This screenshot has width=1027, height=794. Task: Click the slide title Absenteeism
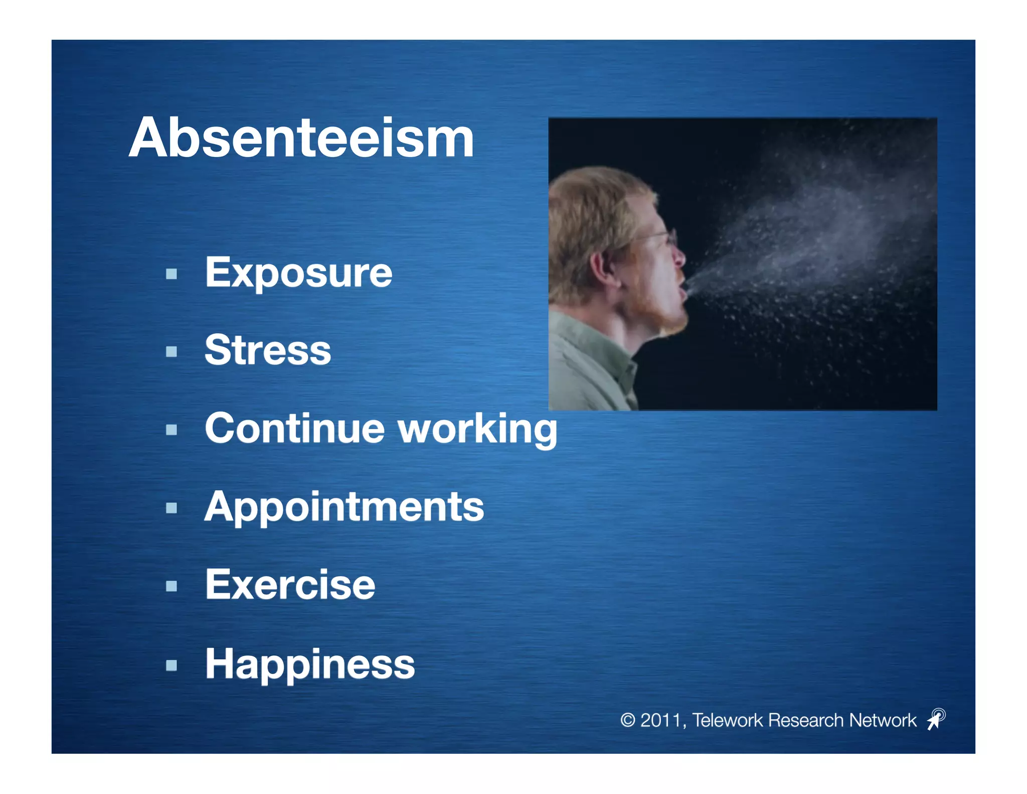coord(301,138)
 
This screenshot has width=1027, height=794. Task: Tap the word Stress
coord(268,350)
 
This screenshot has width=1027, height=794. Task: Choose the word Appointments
coord(344,507)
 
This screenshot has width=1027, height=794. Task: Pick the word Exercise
coord(290,585)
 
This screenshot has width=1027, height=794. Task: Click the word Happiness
coord(310,664)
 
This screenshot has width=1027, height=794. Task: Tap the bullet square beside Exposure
coord(172,274)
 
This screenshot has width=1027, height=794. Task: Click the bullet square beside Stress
coord(172,351)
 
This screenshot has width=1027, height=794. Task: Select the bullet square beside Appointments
coord(172,508)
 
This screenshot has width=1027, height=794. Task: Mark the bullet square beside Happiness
coord(172,665)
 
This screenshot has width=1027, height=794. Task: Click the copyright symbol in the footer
coord(627,720)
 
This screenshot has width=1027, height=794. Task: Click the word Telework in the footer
coord(728,720)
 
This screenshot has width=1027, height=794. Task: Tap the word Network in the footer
coord(883,720)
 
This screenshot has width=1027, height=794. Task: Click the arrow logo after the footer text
coord(936,719)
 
